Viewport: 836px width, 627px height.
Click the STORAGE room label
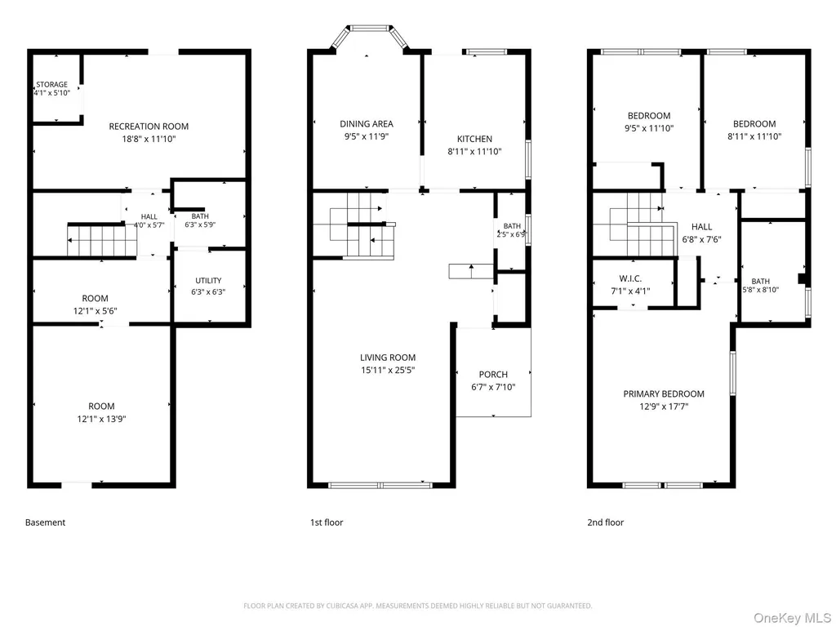tap(51, 84)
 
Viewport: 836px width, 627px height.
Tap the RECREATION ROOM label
tap(149, 127)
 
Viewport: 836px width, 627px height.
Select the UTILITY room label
tap(208, 281)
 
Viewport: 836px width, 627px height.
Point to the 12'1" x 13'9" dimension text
tap(101, 419)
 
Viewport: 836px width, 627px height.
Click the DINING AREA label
tap(367, 124)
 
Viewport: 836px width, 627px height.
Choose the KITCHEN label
tap(474, 139)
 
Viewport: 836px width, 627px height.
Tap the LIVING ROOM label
tap(388, 358)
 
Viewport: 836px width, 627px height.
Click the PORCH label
tap(493, 374)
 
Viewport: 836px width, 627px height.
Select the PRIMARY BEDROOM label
tap(664, 394)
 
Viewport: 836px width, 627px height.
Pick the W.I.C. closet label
tap(630, 278)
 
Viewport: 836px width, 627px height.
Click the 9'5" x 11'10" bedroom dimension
tap(649, 128)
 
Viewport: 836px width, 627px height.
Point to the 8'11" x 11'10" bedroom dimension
tap(754, 136)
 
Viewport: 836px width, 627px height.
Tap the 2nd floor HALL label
tap(701, 227)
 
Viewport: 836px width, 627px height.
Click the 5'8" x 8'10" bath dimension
tap(761, 290)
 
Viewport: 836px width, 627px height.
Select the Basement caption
tap(46, 522)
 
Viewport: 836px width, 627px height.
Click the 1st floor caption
tap(327, 522)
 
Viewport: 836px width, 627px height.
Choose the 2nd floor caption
tap(605, 522)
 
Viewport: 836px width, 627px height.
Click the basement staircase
tap(102, 241)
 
